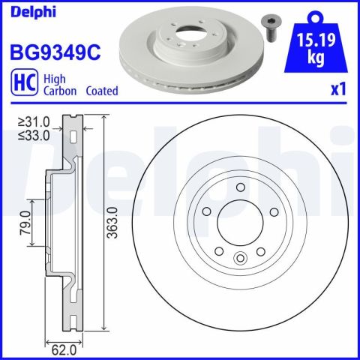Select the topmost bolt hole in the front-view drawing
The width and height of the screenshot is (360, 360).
click(240, 188)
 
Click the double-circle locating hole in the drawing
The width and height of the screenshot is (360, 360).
click(240, 259)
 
